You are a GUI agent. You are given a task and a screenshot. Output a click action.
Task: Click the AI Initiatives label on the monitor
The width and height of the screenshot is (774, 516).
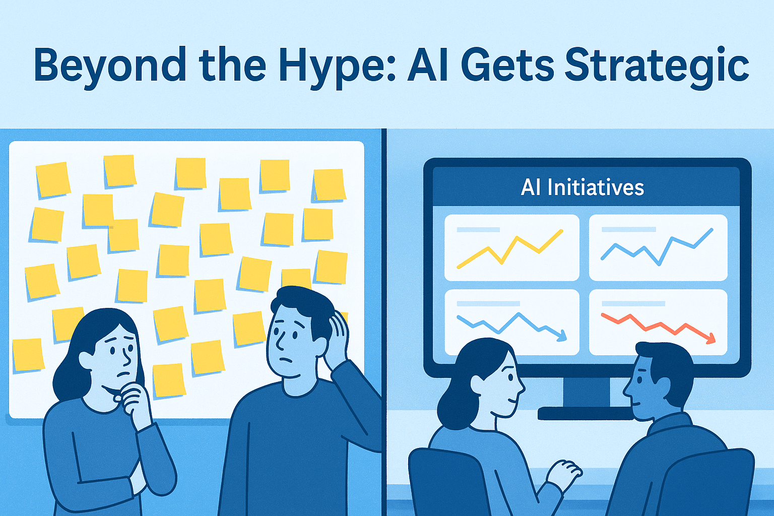coord(583,187)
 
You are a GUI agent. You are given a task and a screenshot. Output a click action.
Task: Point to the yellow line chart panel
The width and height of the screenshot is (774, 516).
coord(511,247)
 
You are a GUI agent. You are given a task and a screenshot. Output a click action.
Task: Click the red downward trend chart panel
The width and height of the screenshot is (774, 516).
coord(658,322)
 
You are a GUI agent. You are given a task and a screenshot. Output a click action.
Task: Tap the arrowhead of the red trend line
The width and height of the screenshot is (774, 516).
coord(711,339)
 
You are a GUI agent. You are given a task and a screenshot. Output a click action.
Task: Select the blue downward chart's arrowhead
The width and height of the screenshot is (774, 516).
coord(562,336)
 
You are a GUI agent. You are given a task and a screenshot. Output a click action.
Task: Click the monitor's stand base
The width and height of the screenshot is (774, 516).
coord(585,413)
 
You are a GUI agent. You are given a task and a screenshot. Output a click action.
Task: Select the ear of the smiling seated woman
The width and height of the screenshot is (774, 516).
coord(476,385)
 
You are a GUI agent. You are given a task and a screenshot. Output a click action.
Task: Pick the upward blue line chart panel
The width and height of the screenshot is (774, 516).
coord(658,247)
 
